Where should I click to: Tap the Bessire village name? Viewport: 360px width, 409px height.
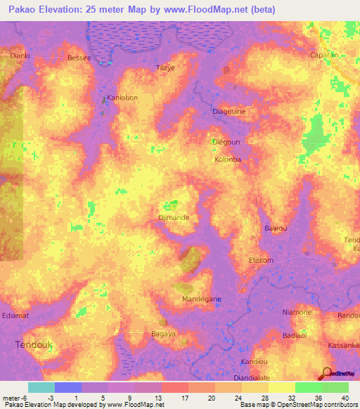pyautogui.click(x=79, y=58)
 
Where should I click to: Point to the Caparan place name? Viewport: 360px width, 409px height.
pyautogui.click(x=325, y=54)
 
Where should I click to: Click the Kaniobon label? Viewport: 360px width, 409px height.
pyautogui.click(x=120, y=98)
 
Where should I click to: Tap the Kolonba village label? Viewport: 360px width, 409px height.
pyautogui.click(x=228, y=160)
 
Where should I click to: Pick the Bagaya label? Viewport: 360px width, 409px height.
pyautogui.click(x=164, y=334)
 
